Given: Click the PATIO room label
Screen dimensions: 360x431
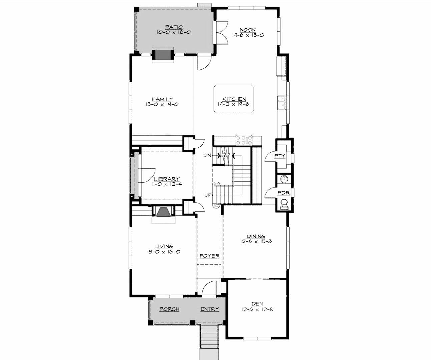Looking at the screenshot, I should pos(174,27).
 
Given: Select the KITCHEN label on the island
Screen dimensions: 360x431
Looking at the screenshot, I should pos(234,99).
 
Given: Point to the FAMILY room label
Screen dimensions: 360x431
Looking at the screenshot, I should pos(162,99).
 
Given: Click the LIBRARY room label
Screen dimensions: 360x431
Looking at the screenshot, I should pos(167,179).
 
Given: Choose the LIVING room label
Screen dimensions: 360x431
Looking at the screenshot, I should pos(163,246).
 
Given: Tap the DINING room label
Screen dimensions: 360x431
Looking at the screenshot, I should pos(256,236).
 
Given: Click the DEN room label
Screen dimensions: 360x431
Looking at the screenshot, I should pos(257,304).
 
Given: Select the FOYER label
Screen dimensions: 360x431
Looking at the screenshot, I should pos(209,256).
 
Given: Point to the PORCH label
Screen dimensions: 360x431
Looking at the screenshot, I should pos(169,309).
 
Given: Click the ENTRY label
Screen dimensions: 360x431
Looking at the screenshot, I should pos(209,309).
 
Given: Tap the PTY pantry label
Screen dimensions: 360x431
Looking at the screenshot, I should pos(280,156).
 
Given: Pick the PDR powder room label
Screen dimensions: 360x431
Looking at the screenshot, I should pos(283,193).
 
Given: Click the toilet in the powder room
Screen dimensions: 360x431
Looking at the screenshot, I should pos(284,204).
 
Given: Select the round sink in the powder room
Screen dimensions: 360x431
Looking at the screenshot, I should pos(284,179).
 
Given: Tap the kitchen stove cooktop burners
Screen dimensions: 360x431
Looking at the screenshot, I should pos(244,140).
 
